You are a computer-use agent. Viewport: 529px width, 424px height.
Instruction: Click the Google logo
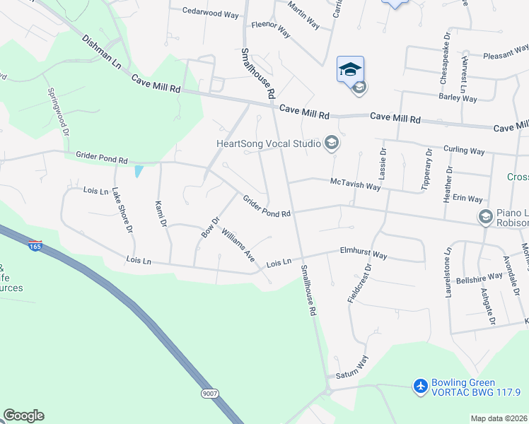[23, 416]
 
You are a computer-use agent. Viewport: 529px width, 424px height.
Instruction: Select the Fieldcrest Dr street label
[359, 284]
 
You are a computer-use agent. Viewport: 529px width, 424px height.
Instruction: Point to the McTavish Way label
[356, 184]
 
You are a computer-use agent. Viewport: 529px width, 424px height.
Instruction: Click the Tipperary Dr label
[426, 170]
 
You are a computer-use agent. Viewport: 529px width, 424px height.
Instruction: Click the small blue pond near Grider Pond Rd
[138, 171]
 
